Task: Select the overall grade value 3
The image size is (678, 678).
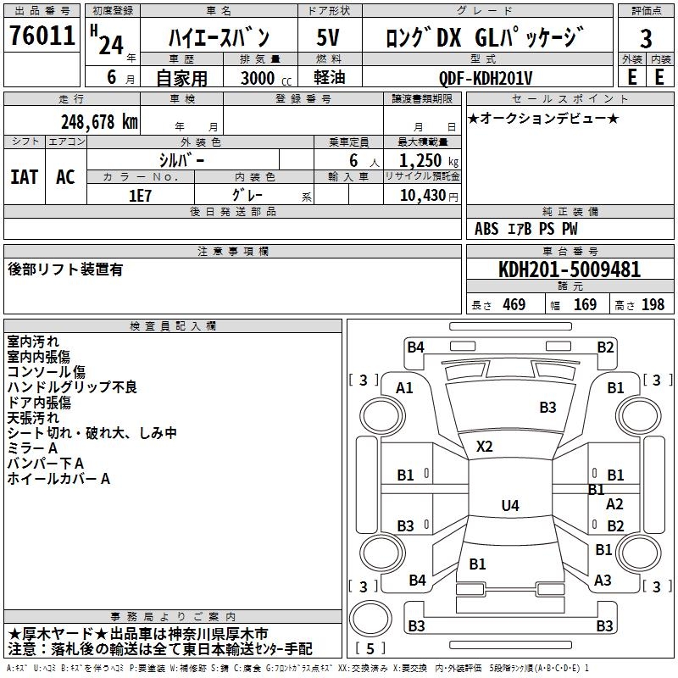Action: [x=646, y=39]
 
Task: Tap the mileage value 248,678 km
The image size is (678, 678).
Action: [x=99, y=121]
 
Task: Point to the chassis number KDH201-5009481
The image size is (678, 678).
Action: [x=570, y=270]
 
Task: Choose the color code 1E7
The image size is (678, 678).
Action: [x=140, y=194]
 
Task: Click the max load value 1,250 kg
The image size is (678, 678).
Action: [x=423, y=161]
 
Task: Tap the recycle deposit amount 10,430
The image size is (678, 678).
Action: [x=419, y=195]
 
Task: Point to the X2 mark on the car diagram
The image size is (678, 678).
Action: [x=485, y=446]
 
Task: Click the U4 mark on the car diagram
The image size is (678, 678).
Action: [x=509, y=506]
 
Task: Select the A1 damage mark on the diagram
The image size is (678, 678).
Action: [x=405, y=388]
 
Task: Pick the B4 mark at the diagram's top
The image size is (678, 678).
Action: [x=415, y=347]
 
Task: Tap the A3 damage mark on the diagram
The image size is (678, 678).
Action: [x=603, y=581]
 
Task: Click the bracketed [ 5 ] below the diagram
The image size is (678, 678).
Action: [x=370, y=649]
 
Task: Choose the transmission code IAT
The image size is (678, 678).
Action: [x=24, y=177]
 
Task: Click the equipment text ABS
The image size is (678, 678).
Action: [x=486, y=229]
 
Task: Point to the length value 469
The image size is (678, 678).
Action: [x=514, y=305]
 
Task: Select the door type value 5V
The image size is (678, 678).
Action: [x=328, y=38]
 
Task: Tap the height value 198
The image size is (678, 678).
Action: [x=653, y=305]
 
